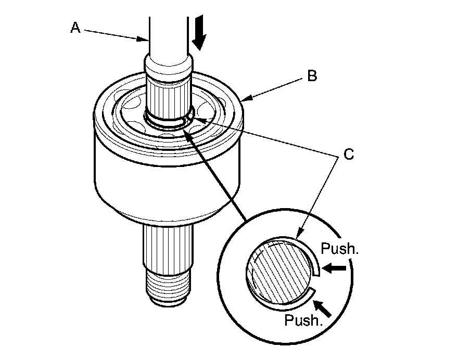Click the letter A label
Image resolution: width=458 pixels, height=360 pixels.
coord(76,28)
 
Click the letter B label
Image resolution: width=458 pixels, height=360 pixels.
coord(312,76)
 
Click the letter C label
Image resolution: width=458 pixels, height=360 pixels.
coord(349,154)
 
